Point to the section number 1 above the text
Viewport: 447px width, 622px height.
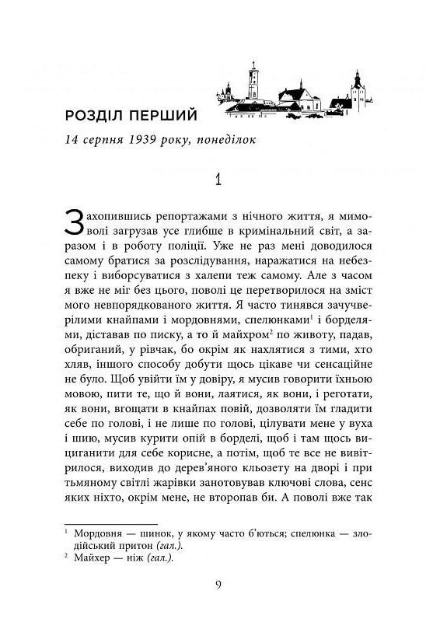pos(220,181)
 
